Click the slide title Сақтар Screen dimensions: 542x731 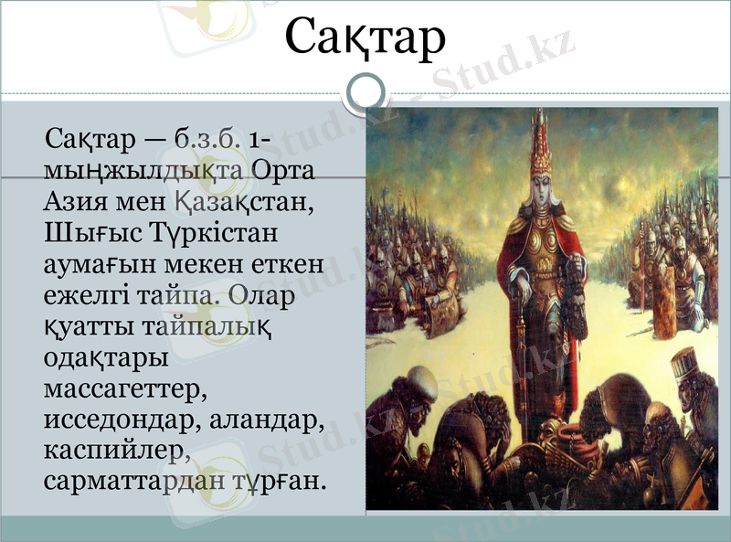pos(365,38)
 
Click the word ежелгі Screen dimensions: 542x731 pos(85,294)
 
